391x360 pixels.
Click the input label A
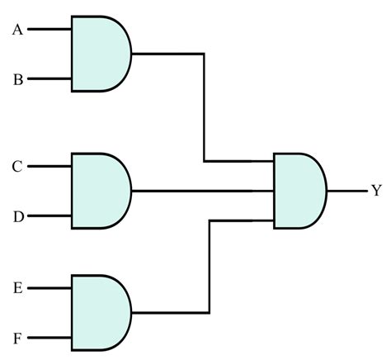click(17, 31)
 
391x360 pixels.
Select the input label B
click(17, 80)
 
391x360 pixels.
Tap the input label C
click(17, 167)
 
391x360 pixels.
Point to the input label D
click(17, 216)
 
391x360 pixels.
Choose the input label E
click(17, 288)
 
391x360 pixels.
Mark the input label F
click(17, 338)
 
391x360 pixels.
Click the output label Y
click(376, 191)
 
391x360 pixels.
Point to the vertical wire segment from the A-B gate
click(204, 107)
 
